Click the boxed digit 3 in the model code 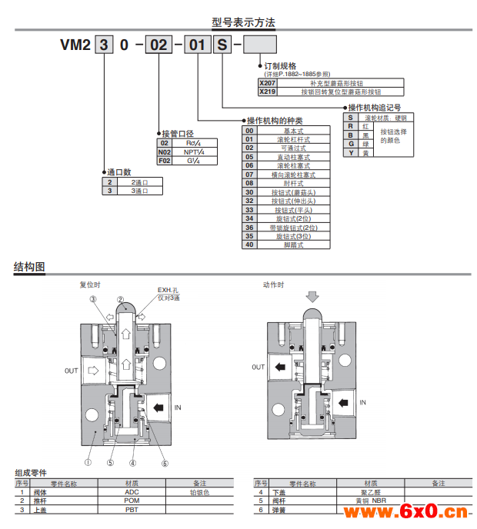pyautogui.click(x=102, y=45)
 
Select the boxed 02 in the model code pyautogui.click(x=158, y=45)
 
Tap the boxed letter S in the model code pyautogui.click(x=222, y=45)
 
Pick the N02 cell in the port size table pyautogui.click(x=165, y=152)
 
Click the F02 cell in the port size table pyautogui.click(x=165, y=161)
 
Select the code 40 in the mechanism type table pyautogui.click(x=249, y=245)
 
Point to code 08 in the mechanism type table pyautogui.click(x=249, y=183)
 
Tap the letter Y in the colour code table pyautogui.click(x=351, y=153)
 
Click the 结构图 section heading pyautogui.click(x=29, y=268)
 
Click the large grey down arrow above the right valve pyautogui.click(x=312, y=296)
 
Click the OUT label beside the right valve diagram pyautogui.click(x=258, y=368)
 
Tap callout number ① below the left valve pyautogui.click(x=88, y=463)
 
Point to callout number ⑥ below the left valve pyautogui.click(x=164, y=463)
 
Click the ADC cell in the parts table pyautogui.click(x=132, y=492)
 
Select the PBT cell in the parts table pyautogui.click(x=132, y=509)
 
